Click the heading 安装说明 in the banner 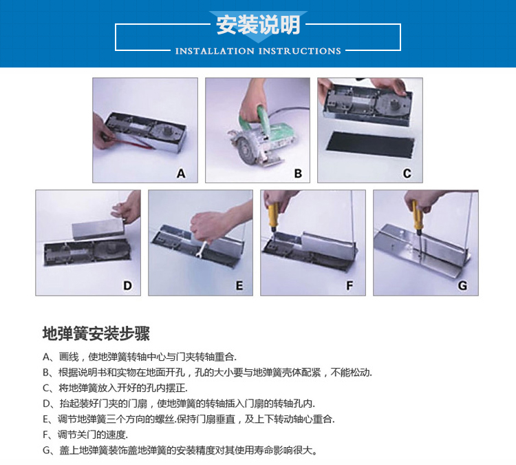tap(258, 24)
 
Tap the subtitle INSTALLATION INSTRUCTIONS tap(258, 51)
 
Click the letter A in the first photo tap(181, 174)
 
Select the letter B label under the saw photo tap(298, 174)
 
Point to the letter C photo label tap(407, 174)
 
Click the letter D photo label tap(127, 285)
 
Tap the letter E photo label tap(239, 285)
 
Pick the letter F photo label tap(350, 285)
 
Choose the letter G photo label tap(462, 285)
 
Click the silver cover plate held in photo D tap(98, 229)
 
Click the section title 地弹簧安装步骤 tap(96, 333)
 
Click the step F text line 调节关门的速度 tap(85, 435)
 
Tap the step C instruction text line tap(115, 388)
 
